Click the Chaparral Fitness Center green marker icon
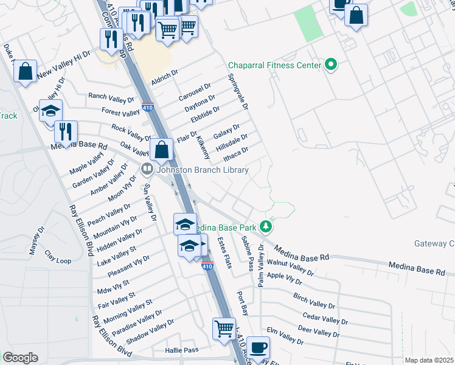tap(331, 64)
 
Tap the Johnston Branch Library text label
tap(203, 170)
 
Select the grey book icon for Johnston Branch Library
tap(147, 170)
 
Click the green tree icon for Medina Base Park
tap(266, 227)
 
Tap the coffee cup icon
tap(259, 346)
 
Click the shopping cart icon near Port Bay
tap(224, 328)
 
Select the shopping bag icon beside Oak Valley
tap(162, 149)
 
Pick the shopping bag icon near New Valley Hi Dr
tap(26, 71)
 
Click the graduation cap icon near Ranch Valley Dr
tap(51, 110)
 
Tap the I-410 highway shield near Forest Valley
tap(147, 107)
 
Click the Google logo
tap(20, 358)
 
